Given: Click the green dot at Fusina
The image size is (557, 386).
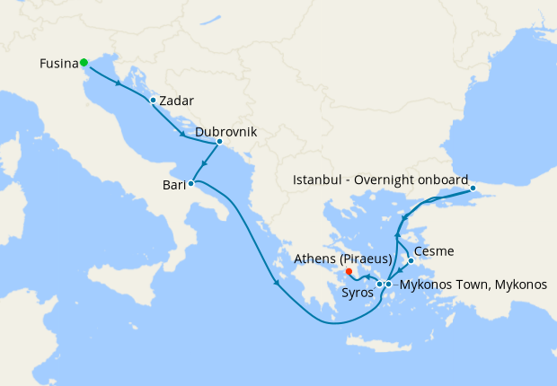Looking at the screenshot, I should tap(84, 62).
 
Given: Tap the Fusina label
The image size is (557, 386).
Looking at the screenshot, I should tap(57, 64).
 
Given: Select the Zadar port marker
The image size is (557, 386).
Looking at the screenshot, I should tap(153, 100).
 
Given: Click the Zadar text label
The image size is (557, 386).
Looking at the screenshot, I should tap(177, 101).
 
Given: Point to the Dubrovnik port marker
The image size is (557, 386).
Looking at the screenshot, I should tap(219, 141).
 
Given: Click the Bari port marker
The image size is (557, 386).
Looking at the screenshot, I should tap(190, 183).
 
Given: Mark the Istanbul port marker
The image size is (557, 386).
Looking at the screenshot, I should tap(473, 189).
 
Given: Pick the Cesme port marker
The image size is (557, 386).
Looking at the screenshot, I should tap(411, 261).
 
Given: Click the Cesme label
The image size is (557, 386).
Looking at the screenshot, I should tap(434, 251).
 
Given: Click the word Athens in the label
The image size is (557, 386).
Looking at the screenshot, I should tap(314, 259).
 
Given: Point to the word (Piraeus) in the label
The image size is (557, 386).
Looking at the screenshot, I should tap(364, 259).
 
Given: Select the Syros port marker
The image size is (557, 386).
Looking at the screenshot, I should tap(380, 285).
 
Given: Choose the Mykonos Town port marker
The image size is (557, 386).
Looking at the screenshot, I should tap(388, 285).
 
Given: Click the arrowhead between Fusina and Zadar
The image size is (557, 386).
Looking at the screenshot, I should tap(119, 83).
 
